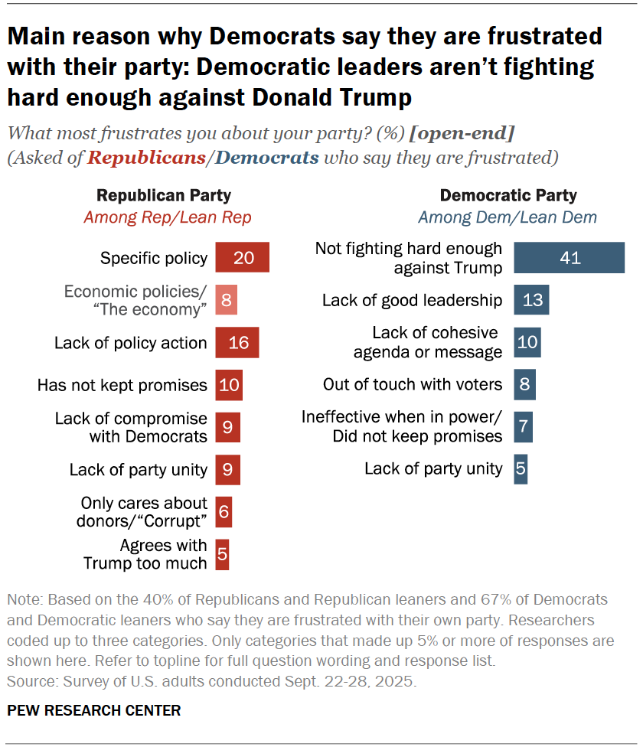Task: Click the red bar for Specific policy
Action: [243, 258]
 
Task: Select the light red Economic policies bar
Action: [227, 300]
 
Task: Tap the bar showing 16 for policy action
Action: [237, 342]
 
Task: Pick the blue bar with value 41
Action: [570, 258]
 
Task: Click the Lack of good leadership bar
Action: [531, 300]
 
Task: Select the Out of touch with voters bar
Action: [524, 384]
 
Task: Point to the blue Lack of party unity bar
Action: [521, 468]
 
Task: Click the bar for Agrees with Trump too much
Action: [222, 553]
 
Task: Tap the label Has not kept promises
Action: [122, 384]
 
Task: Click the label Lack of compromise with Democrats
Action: [131, 427]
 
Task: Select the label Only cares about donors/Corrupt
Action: [144, 511]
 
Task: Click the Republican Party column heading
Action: [164, 196]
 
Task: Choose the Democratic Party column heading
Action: [508, 196]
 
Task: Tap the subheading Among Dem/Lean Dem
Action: [508, 217]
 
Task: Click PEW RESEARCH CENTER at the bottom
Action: [94, 710]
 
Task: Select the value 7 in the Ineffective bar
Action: [523, 426]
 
